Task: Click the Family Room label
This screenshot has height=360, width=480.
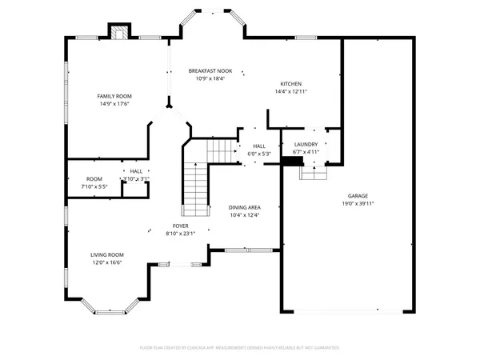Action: [x=114, y=96]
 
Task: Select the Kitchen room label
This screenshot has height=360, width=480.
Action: [x=290, y=85]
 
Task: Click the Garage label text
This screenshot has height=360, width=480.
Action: [x=358, y=195]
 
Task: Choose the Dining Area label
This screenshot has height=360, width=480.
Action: [x=245, y=207]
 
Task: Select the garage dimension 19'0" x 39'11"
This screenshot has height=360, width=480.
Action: [x=358, y=203]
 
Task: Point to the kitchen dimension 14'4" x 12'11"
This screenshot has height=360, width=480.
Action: [x=290, y=93]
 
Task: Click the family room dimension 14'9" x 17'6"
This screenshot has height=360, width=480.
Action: [x=114, y=104]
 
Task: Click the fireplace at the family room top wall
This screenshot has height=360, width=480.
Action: [x=118, y=33]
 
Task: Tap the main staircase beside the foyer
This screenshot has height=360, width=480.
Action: [x=194, y=188]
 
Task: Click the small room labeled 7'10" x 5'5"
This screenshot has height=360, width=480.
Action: [x=94, y=182]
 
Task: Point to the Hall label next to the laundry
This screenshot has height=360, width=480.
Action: [x=259, y=146]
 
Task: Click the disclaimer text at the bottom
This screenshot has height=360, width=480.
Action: [x=240, y=348]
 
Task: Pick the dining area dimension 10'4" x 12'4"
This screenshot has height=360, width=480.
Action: [x=245, y=215]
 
